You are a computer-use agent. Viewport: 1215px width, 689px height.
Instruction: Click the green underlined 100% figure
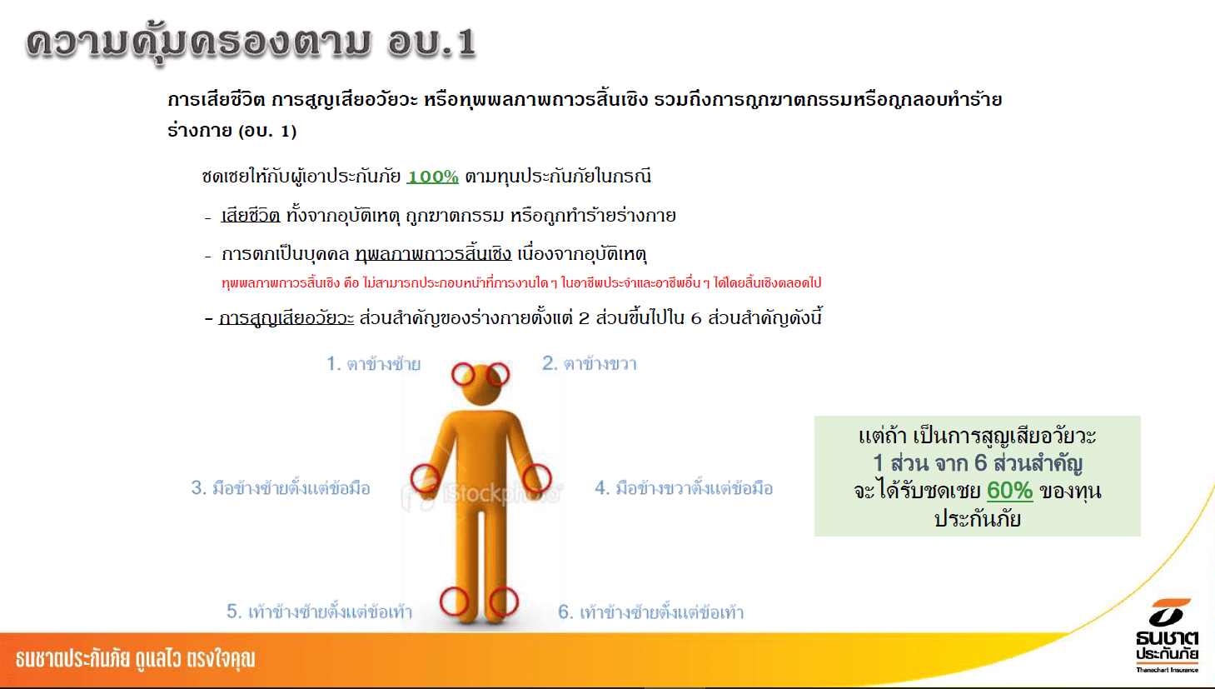click(x=432, y=177)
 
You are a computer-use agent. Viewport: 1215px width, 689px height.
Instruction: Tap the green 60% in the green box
click(x=1009, y=491)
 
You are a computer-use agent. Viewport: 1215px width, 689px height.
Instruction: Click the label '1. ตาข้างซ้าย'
click(x=373, y=363)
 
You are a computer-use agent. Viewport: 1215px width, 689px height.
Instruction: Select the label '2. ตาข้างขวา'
click(x=589, y=363)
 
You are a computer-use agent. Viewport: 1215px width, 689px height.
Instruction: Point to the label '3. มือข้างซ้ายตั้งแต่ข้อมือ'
click(x=281, y=487)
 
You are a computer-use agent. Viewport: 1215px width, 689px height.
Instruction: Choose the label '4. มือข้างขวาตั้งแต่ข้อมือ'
click(x=684, y=487)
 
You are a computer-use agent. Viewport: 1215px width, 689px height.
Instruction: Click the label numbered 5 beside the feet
click(x=319, y=612)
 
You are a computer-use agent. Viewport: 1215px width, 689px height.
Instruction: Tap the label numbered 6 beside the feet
click(x=651, y=612)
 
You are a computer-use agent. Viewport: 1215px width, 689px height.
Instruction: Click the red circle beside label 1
click(x=463, y=375)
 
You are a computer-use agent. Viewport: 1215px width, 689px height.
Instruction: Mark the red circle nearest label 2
click(x=497, y=375)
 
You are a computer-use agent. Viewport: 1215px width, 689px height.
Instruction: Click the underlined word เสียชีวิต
click(x=250, y=216)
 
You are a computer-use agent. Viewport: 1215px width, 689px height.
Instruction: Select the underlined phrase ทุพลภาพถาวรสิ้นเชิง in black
click(x=433, y=254)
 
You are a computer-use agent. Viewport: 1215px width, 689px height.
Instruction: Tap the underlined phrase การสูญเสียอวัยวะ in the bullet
click(x=286, y=318)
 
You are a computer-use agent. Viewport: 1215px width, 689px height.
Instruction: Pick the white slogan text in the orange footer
click(x=135, y=659)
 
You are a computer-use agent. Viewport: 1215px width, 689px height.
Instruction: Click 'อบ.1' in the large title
click(x=431, y=42)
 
